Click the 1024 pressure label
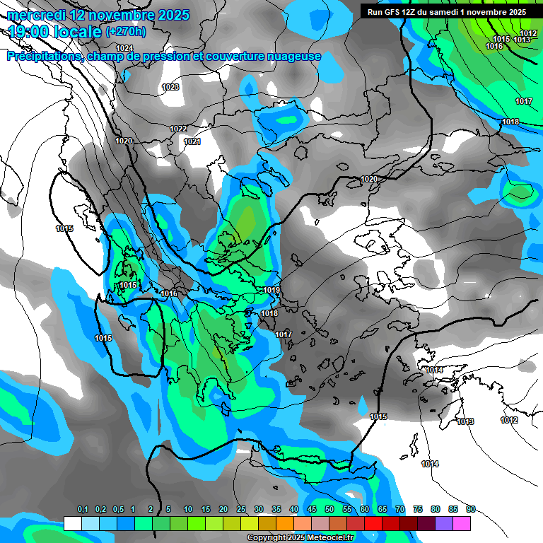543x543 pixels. pos(124,48)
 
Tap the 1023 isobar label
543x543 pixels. pos(170,88)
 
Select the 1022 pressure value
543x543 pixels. pos(178,129)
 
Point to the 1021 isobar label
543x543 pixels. pos(192,141)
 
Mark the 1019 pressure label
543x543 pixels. pos(272,290)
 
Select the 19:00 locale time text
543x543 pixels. pos(55,31)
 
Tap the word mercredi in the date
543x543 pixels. pos(36,14)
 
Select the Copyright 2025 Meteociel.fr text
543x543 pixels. pos(300,537)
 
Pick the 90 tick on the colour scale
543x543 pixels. pos(471,509)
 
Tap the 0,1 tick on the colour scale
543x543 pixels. pos(82,509)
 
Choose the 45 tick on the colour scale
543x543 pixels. pos(312,509)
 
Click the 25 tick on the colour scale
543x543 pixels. pos(241,509)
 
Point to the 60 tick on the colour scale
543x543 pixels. pos(365,509)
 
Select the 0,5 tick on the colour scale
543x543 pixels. pos(117,509)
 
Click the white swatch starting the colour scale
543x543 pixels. pos(73,523)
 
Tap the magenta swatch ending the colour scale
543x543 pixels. pos(462,523)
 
